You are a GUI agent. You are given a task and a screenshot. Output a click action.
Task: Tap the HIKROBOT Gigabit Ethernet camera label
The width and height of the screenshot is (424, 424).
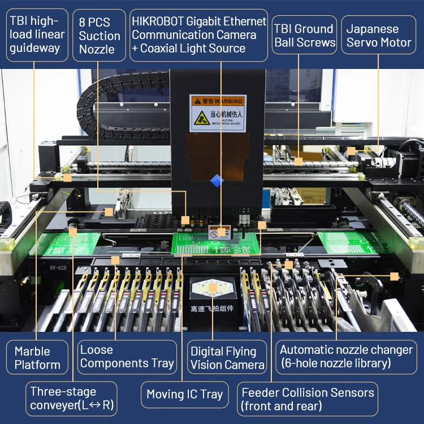click(198, 34)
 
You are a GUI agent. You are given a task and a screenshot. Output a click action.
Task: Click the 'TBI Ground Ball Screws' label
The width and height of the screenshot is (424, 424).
click(304, 34)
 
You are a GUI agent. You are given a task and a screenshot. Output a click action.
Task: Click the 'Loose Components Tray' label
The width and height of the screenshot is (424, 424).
click(127, 357)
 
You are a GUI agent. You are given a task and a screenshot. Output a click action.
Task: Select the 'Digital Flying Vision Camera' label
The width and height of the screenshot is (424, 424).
click(227, 358)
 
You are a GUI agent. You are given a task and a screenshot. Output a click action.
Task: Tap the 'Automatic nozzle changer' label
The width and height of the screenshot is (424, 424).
click(346, 357)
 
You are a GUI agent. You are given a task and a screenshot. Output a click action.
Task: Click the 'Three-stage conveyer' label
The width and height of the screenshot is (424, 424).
click(71, 399)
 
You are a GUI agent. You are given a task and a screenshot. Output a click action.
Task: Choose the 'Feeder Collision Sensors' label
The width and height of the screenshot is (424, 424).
click(308, 399)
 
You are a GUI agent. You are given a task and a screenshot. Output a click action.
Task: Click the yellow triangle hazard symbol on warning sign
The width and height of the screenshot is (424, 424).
click(202, 118)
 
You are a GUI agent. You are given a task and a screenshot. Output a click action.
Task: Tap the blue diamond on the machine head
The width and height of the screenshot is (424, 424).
click(217, 180)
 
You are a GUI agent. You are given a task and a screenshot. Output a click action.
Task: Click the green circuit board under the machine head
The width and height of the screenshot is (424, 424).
click(215, 244)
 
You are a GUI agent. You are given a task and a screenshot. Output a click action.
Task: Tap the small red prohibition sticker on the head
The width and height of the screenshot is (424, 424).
click(214, 233)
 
